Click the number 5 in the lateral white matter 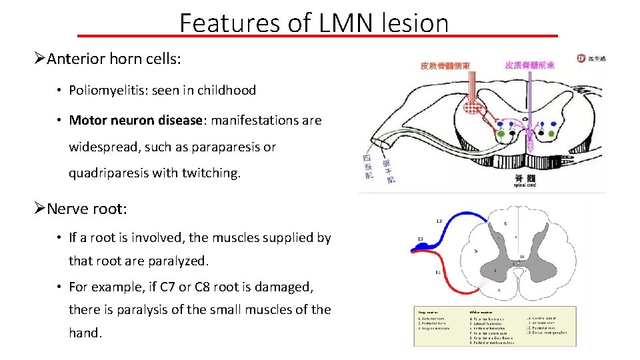(x=475, y=251)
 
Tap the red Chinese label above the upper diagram (x=445, y=65)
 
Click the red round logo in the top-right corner (x=582, y=59)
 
